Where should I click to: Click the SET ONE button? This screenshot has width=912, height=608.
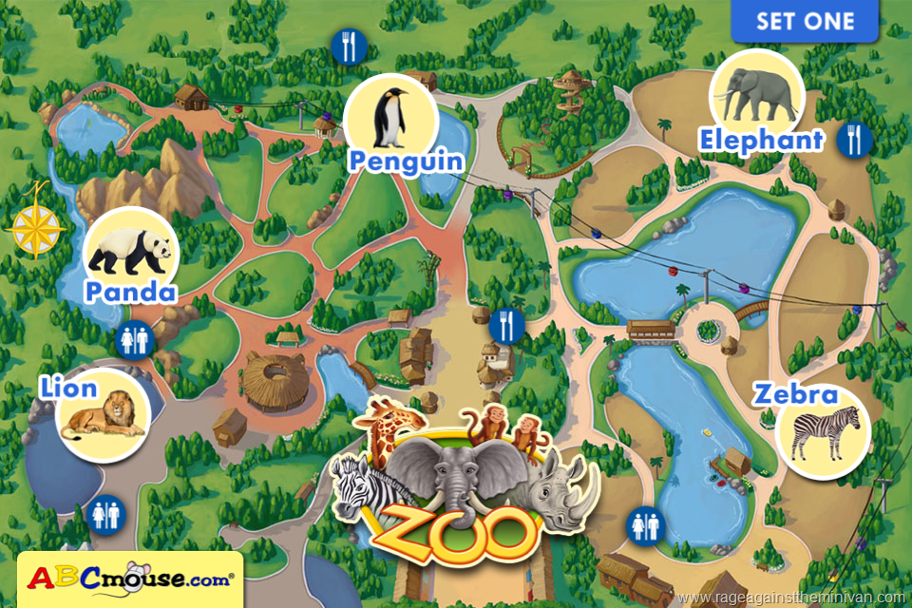(x=806, y=21)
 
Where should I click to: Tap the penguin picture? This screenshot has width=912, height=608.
(x=390, y=117)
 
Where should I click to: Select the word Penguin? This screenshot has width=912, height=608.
(x=406, y=160)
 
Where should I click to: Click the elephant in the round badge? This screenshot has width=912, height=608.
(x=756, y=93)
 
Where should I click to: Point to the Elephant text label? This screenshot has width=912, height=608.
(x=761, y=141)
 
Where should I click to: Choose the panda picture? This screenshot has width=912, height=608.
(x=131, y=251)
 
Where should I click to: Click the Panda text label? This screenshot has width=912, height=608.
(x=130, y=291)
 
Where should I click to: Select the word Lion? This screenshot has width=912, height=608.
(x=68, y=388)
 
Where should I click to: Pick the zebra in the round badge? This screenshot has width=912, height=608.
(x=824, y=433)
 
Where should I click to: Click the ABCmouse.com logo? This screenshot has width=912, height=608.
(x=130, y=578)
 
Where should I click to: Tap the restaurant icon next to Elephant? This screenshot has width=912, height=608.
(x=854, y=140)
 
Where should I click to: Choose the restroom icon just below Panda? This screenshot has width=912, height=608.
(x=131, y=338)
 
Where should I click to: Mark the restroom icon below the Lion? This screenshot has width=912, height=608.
(x=104, y=514)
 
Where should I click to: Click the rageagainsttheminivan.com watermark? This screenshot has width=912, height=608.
(x=793, y=598)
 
